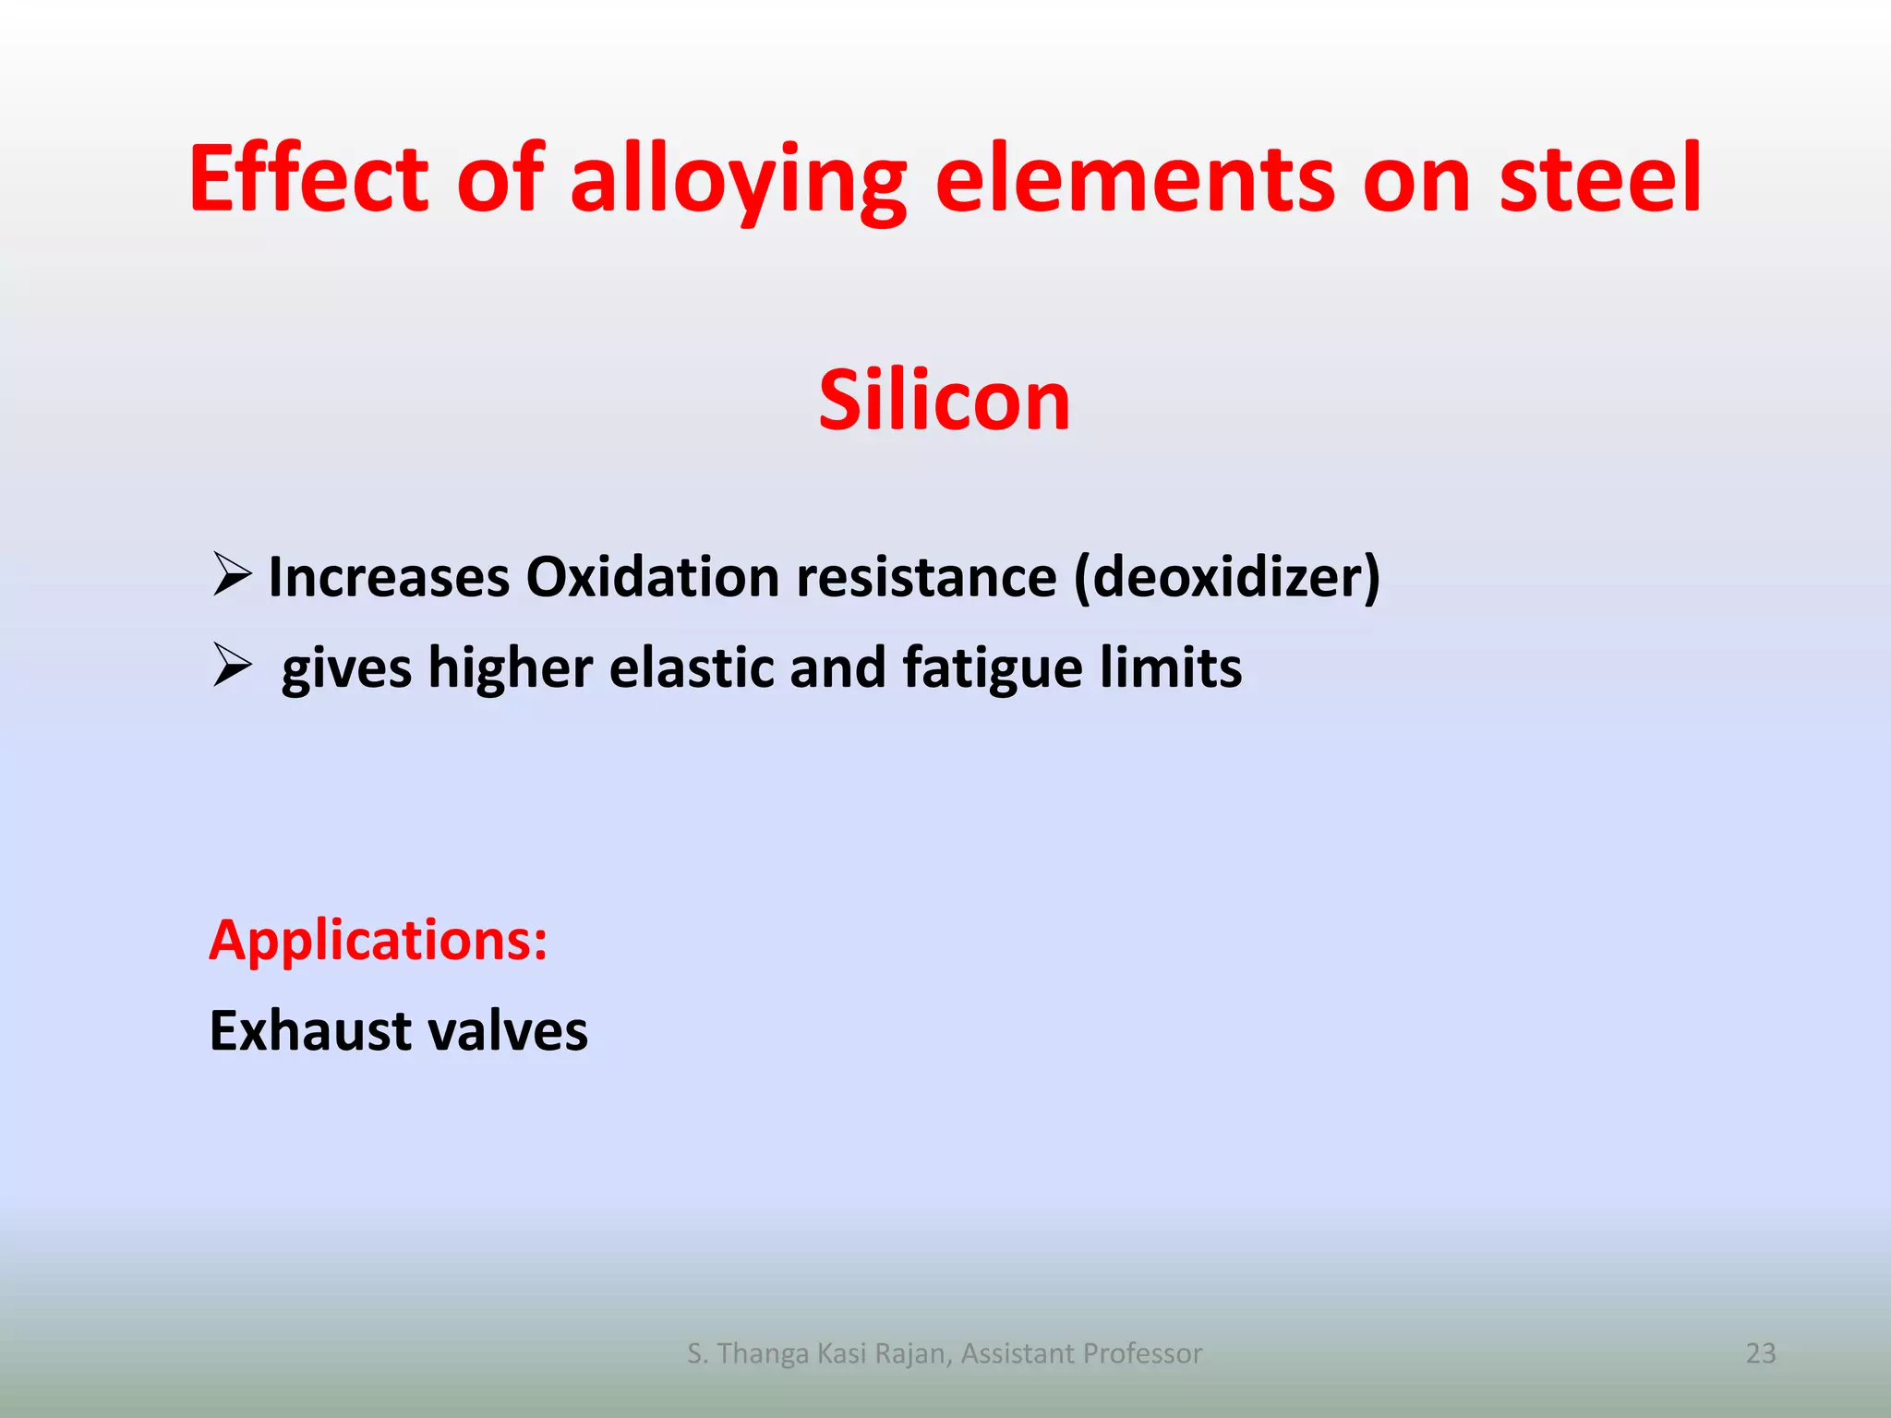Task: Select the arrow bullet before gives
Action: [232, 666]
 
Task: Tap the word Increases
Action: [389, 577]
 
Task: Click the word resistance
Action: [926, 577]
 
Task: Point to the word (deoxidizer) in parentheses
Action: [1227, 577]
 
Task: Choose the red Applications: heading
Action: [379, 941]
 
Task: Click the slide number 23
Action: [1761, 1352]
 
